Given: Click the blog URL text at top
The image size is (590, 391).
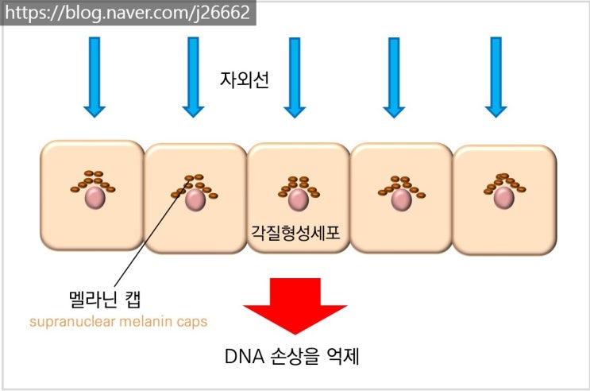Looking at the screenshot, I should point(127,13).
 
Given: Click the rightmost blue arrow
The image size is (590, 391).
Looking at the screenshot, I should point(496,75).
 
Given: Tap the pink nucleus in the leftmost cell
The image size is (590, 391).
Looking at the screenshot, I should point(95,198).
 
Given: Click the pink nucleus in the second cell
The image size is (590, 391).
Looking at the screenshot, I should point(195,199).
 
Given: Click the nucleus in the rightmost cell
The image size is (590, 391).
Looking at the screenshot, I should point(503,198).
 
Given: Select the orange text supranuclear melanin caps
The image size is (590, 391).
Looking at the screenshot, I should point(118,322).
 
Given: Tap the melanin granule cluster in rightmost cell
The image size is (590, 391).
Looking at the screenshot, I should point(503,181).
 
